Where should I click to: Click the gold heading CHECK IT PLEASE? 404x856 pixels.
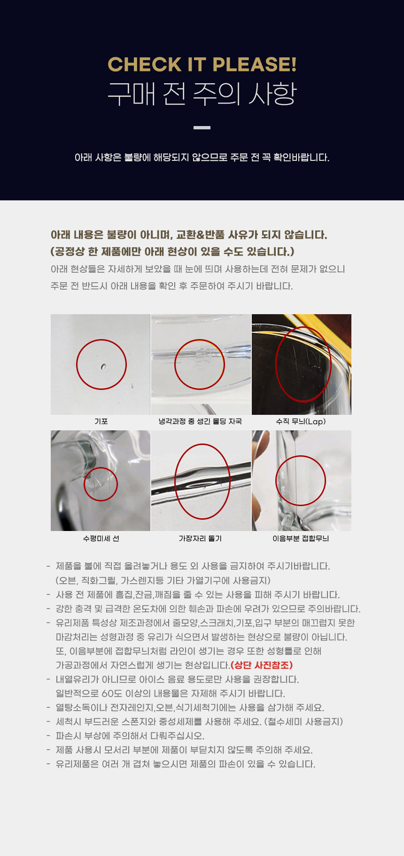pos(202,64)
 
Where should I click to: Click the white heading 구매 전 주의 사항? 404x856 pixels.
pos(202,94)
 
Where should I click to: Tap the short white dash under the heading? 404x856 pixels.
pos(202,127)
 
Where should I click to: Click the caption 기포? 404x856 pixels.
pos(101,421)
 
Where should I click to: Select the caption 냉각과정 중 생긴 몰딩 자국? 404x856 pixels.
pos(200,421)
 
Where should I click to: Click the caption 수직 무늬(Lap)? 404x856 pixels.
pos(301,421)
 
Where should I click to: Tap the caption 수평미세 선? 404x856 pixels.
pos(101,539)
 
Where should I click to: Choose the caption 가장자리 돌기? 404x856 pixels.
pos(200,539)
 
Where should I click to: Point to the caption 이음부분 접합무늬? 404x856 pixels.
pos(301,539)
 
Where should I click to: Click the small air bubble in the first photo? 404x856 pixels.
pos(103,366)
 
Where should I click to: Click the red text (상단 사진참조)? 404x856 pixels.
pos(262,665)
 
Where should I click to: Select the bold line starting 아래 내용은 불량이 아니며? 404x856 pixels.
pos(189,235)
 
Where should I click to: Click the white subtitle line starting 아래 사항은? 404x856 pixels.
pos(202,157)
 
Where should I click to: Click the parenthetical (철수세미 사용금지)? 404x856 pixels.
pos(304,721)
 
